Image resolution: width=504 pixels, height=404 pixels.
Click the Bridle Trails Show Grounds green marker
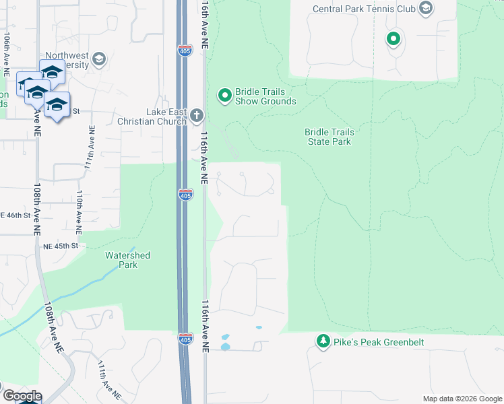(x=224, y=96)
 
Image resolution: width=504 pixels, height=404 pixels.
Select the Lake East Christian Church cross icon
(x=196, y=115)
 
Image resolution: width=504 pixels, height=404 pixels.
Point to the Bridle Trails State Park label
(x=329, y=137)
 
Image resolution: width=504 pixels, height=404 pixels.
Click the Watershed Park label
(x=127, y=260)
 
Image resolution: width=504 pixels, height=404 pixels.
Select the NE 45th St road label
(x=61, y=246)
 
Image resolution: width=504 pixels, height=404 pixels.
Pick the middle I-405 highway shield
(x=186, y=194)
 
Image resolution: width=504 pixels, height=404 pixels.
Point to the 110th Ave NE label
(x=79, y=211)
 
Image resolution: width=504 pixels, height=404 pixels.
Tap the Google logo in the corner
(x=21, y=396)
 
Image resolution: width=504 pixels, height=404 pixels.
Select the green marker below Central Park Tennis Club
(x=393, y=39)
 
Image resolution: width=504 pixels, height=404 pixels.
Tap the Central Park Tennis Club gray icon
(x=425, y=9)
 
